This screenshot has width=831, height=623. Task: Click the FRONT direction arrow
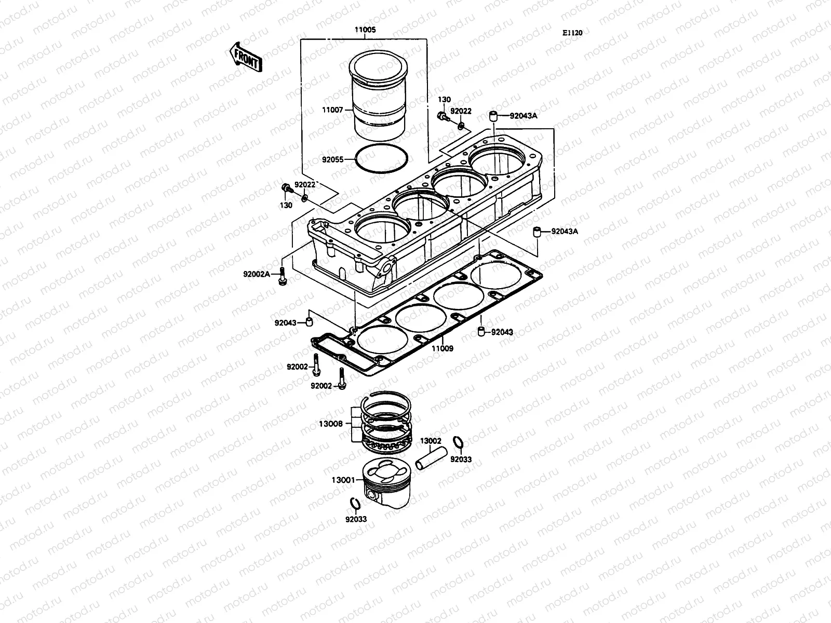(246, 57)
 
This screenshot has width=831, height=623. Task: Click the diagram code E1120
(572, 33)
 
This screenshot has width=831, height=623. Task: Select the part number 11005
(365, 30)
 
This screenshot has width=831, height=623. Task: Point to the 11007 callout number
(333, 111)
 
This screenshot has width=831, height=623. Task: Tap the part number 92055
(333, 160)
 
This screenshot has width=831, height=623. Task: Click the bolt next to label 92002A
(282, 275)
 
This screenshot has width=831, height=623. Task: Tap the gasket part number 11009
(442, 348)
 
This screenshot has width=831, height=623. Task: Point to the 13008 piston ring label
(330, 424)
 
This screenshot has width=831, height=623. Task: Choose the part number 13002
(431, 441)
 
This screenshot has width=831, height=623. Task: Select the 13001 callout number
(343, 480)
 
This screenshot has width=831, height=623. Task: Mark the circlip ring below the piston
(354, 504)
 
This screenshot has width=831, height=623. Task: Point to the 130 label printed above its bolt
(444, 100)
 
